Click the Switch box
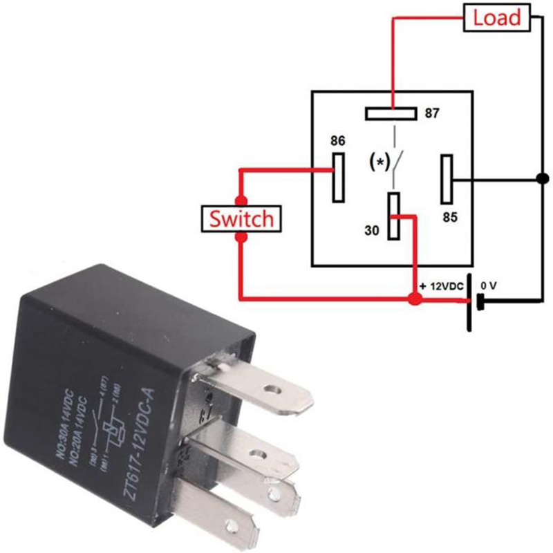click(x=241, y=219)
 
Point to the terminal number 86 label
click(x=338, y=141)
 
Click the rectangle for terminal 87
click(x=390, y=113)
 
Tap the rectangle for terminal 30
click(x=393, y=216)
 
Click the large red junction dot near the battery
click(x=415, y=299)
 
